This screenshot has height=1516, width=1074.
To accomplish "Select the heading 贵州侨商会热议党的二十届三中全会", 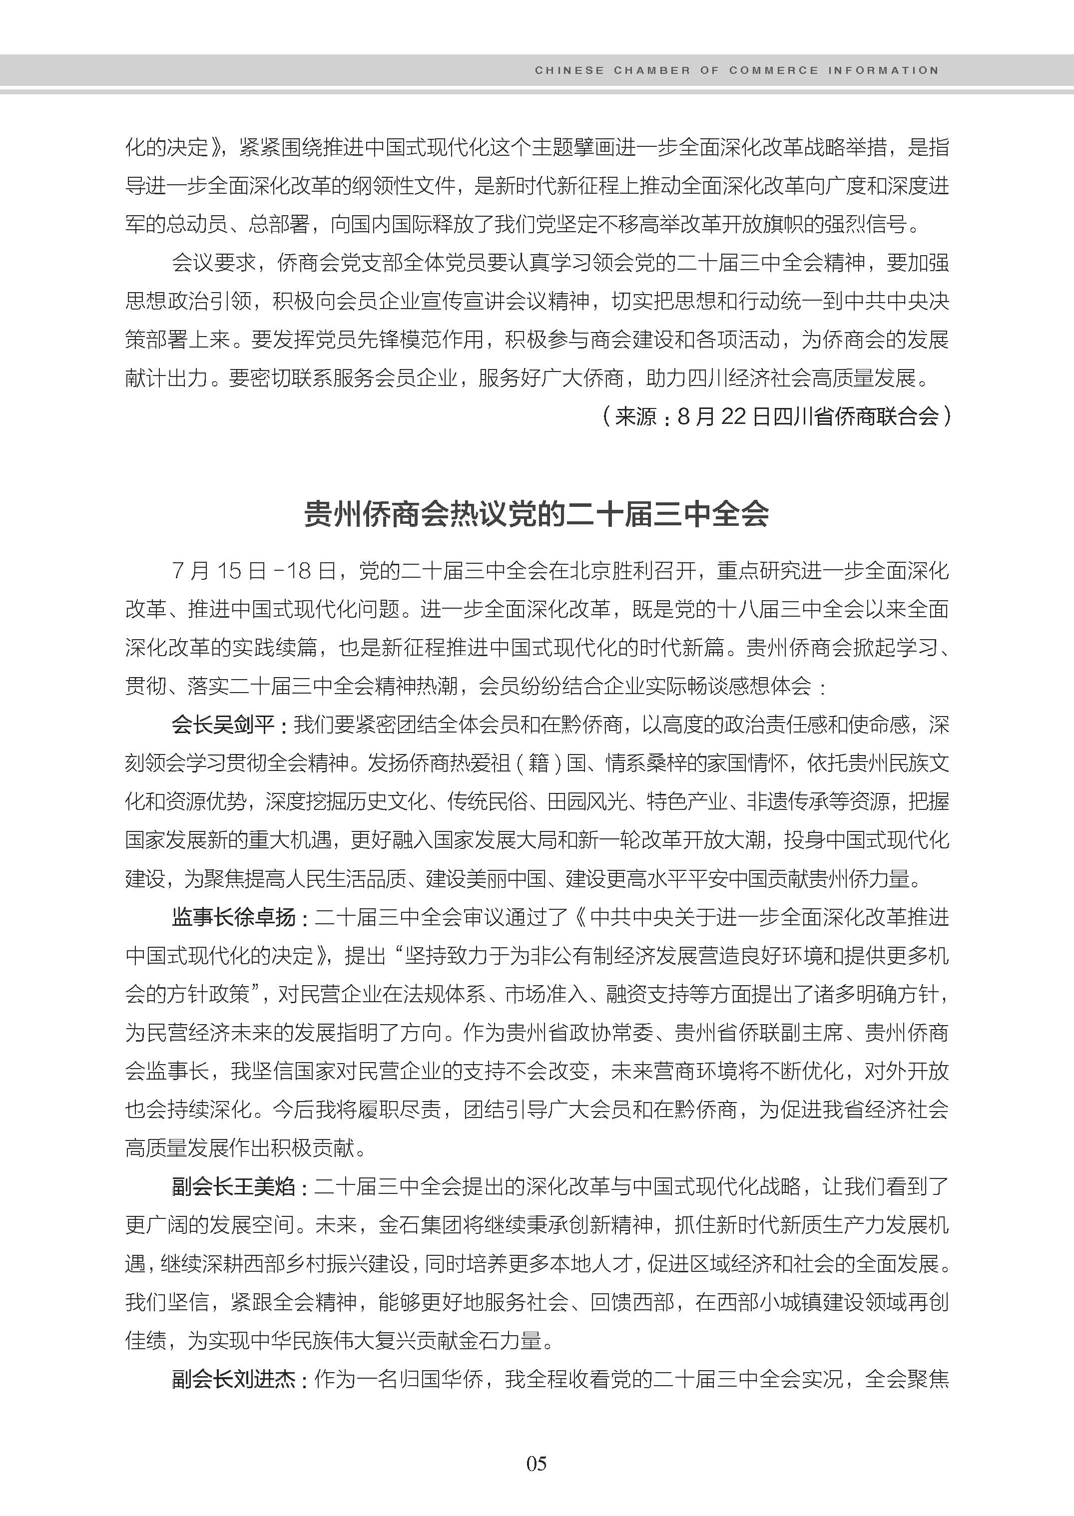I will pyautogui.click(x=537, y=513).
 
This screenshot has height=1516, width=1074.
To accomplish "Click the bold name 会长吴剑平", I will pyautogui.click(x=223, y=725).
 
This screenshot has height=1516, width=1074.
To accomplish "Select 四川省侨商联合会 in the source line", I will pyautogui.click(x=856, y=416).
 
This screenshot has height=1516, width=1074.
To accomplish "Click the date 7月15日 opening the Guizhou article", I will pyautogui.click(x=218, y=571).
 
